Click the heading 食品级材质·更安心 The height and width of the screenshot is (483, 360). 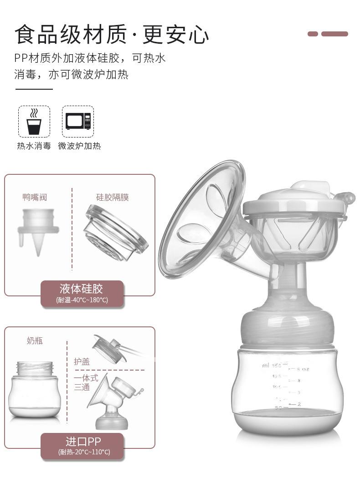point(112,35)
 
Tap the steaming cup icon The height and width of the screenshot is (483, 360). point(34,122)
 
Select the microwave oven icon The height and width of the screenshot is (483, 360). point(78,122)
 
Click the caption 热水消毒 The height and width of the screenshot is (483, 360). point(34,146)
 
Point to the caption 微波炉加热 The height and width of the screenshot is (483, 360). point(79,146)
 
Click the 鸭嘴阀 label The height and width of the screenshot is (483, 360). point(35,197)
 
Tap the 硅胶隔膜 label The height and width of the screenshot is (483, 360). point(112,197)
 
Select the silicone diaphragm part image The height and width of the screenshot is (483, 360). point(116,232)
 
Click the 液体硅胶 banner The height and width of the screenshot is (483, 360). point(82,293)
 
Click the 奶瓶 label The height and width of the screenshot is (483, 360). point(35,341)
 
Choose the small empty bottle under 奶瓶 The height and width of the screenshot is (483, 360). point(35,389)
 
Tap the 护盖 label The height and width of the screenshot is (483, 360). point(82,361)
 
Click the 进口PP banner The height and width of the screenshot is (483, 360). point(82,446)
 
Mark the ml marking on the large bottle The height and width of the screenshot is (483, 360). point(265,365)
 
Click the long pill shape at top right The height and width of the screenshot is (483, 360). point(334,34)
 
